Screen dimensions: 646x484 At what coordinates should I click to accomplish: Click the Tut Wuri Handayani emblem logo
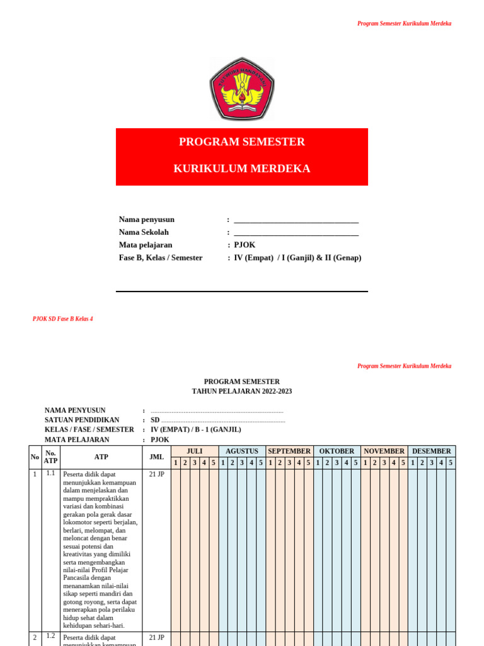[242, 89]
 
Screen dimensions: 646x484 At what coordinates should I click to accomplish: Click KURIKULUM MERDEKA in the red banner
[242, 169]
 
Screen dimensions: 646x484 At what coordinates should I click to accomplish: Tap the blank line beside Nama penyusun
[296, 221]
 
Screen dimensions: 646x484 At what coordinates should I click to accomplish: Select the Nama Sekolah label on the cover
[144, 232]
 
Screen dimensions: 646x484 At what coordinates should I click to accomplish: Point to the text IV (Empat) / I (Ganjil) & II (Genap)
[297, 257]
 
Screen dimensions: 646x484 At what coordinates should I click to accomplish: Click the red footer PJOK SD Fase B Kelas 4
[62, 319]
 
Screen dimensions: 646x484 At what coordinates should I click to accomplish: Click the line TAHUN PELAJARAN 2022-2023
[242, 391]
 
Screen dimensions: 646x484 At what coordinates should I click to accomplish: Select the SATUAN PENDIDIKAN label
[82, 420]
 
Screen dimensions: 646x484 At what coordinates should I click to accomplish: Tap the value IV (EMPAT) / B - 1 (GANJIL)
[195, 430]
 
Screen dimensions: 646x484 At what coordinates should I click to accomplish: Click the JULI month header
[195, 451]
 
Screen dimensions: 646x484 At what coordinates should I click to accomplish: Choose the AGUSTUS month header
[242, 451]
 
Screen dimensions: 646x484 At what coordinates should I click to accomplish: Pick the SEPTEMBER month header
[289, 451]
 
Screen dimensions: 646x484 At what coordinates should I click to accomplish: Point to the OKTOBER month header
[337, 451]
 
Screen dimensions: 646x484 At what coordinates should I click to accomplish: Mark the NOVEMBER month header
[384, 451]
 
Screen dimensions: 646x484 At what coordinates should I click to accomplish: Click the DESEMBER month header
[432, 451]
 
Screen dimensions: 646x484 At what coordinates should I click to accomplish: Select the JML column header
[156, 457]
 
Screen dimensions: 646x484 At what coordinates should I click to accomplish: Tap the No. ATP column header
[50, 457]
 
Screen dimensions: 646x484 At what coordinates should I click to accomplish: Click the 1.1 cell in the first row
[50, 473]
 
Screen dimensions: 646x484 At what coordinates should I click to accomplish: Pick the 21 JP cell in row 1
[156, 474]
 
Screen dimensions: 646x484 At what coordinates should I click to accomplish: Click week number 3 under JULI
[195, 462]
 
